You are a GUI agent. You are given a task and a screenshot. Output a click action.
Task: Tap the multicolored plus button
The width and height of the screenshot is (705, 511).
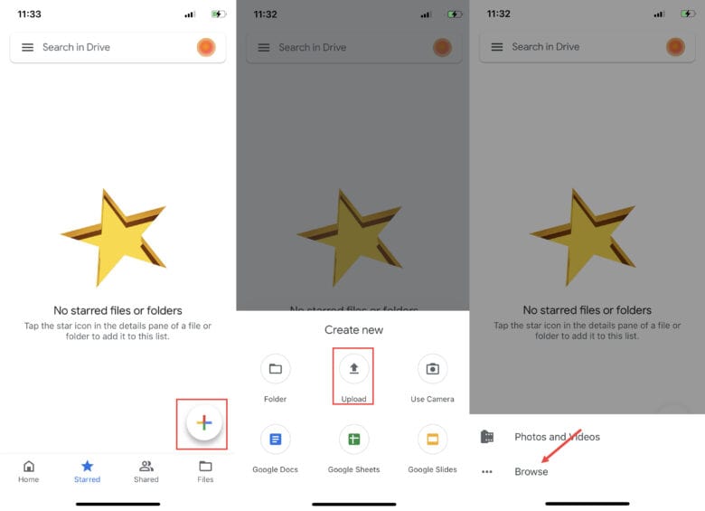[204, 423]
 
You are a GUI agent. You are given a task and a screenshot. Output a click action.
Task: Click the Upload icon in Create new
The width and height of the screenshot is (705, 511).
[353, 369]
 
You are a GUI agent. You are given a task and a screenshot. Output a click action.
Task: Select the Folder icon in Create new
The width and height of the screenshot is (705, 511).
[275, 369]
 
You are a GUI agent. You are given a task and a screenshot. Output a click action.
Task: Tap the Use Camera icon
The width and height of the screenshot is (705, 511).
[433, 369]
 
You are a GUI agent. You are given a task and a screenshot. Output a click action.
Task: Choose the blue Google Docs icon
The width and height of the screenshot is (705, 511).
[275, 439]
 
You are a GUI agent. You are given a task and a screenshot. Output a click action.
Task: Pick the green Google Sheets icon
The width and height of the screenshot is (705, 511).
[353, 439]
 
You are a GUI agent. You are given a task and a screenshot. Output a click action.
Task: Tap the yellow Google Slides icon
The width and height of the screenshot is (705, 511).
[433, 439]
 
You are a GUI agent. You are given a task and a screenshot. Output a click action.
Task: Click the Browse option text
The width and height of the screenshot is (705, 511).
[531, 471]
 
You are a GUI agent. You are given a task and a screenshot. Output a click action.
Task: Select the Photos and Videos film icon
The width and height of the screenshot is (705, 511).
[487, 436]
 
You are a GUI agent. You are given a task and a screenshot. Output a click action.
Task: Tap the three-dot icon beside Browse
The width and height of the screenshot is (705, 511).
[487, 471]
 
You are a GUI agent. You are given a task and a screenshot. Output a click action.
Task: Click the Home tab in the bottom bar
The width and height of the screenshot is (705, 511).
[28, 471]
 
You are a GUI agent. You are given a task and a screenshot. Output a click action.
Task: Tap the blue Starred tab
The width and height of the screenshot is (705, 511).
[88, 471]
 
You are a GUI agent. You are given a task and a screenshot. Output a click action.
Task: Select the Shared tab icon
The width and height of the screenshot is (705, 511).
[146, 466]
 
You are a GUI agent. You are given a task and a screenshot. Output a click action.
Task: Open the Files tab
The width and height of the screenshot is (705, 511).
[205, 471]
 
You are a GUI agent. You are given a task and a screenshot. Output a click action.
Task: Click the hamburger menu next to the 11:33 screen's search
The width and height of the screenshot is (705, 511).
[27, 47]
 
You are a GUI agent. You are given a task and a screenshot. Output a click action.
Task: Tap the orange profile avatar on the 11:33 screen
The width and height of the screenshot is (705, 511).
[206, 47]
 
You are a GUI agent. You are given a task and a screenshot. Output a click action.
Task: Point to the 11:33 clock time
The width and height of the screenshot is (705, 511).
[29, 14]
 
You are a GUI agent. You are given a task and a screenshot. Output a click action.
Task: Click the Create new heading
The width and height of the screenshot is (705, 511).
[353, 330]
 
